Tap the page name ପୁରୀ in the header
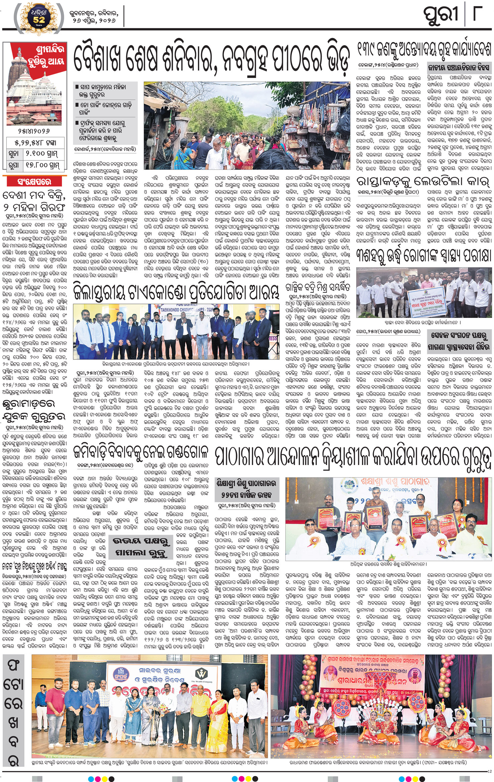(441, 15)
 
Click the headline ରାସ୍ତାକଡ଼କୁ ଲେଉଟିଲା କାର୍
(423, 182)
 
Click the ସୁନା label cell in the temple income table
(15, 154)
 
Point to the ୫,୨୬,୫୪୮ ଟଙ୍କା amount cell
(35, 143)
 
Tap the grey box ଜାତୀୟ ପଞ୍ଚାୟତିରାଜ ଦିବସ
(459, 68)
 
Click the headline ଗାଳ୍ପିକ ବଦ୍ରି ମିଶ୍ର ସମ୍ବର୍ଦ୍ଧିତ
(318, 288)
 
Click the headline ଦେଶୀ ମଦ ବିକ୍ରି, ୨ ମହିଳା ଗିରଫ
(34, 201)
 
